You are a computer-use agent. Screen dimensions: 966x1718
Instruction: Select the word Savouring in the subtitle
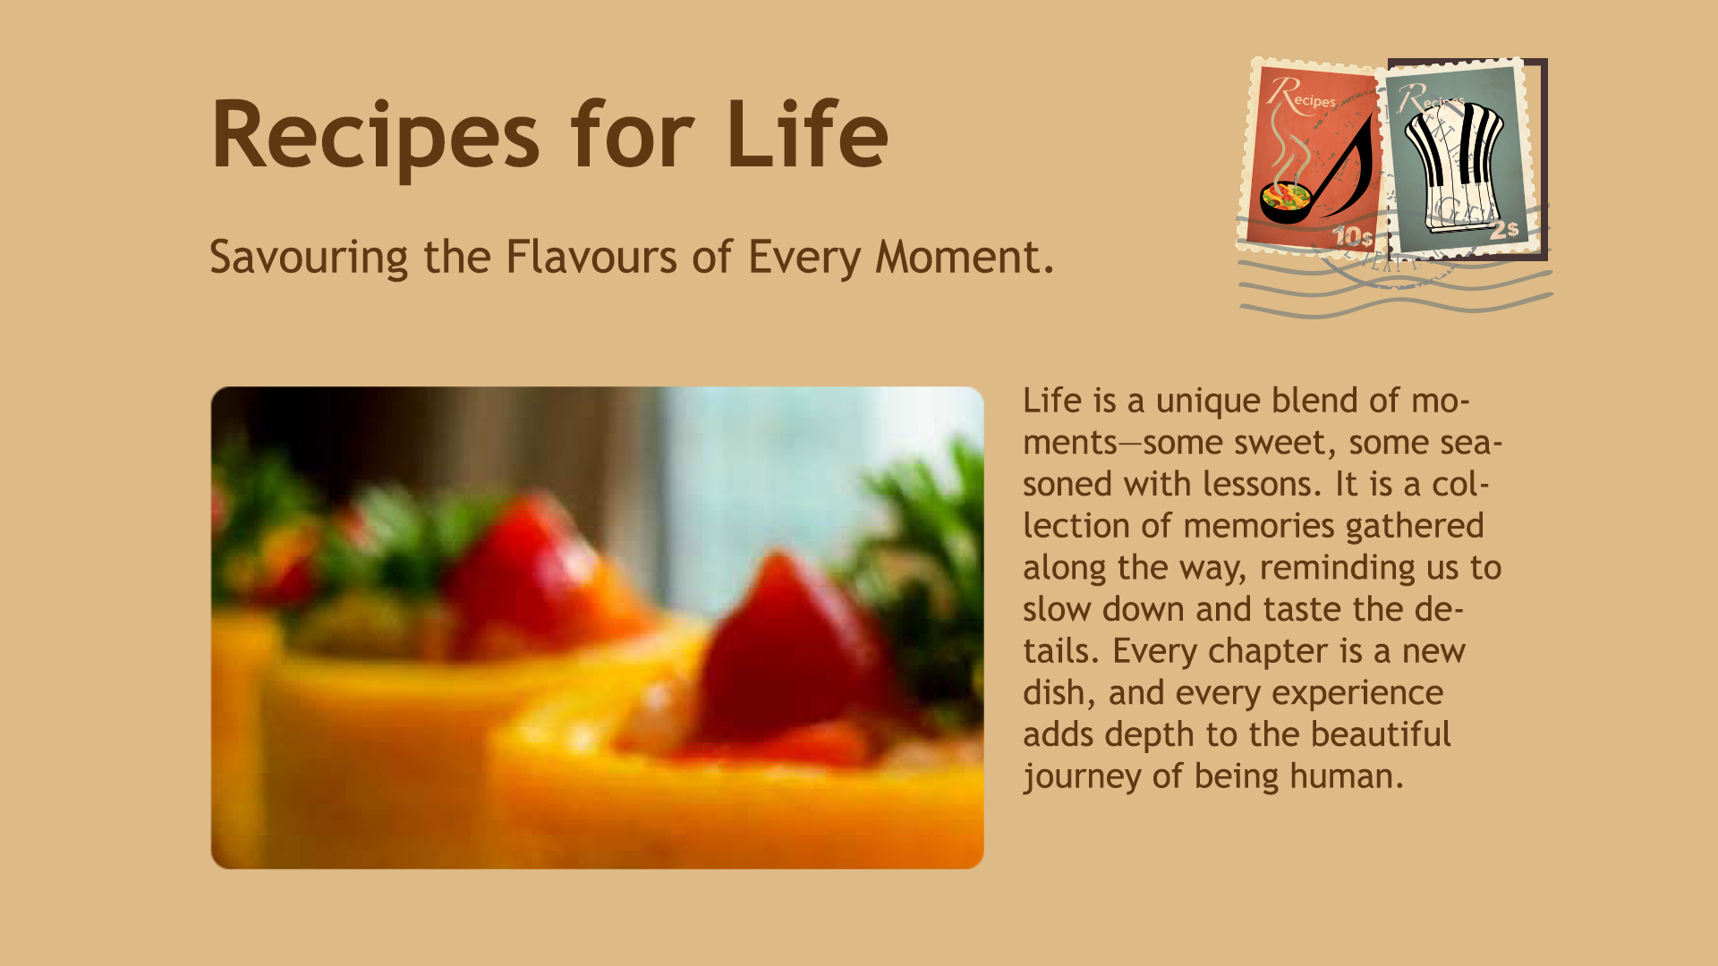309,258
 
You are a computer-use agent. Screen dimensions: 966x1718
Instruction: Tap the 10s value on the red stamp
1352,236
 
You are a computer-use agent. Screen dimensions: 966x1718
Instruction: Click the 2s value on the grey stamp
1504,229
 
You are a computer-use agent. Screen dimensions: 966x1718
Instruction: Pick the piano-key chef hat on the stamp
1453,165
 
